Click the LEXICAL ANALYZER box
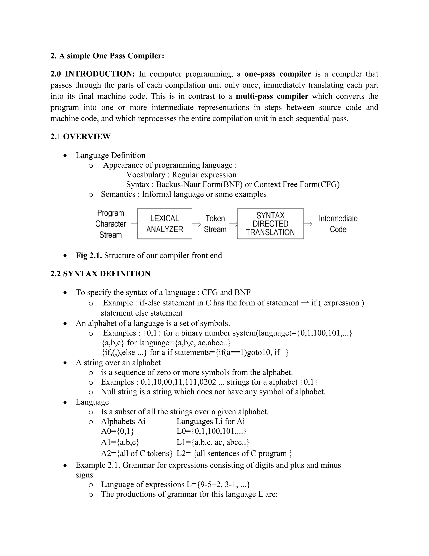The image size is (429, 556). click(x=164, y=224)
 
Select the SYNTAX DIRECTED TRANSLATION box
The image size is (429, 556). click(x=270, y=224)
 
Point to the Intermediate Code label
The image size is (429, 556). click(x=338, y=224)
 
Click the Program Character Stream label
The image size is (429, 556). click(x=111, y=224)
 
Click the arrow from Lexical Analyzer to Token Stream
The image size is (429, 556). click(x=196, y=224)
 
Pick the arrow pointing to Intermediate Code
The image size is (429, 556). click(x=308, y=224)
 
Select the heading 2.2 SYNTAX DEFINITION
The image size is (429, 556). click(x=100, y=274)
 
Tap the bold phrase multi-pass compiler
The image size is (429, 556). click(x=272, y=96)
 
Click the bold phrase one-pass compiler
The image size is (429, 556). click(x=278, y=74)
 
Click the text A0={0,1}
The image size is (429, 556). click(x=118, y=431)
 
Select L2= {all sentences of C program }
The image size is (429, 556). click(x=234, y=453)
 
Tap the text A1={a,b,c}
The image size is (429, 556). click(x=120, y=442)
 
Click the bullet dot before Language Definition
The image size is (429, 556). click(x=65, y=155)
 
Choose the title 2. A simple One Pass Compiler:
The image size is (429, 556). click(x=107, y=56)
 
